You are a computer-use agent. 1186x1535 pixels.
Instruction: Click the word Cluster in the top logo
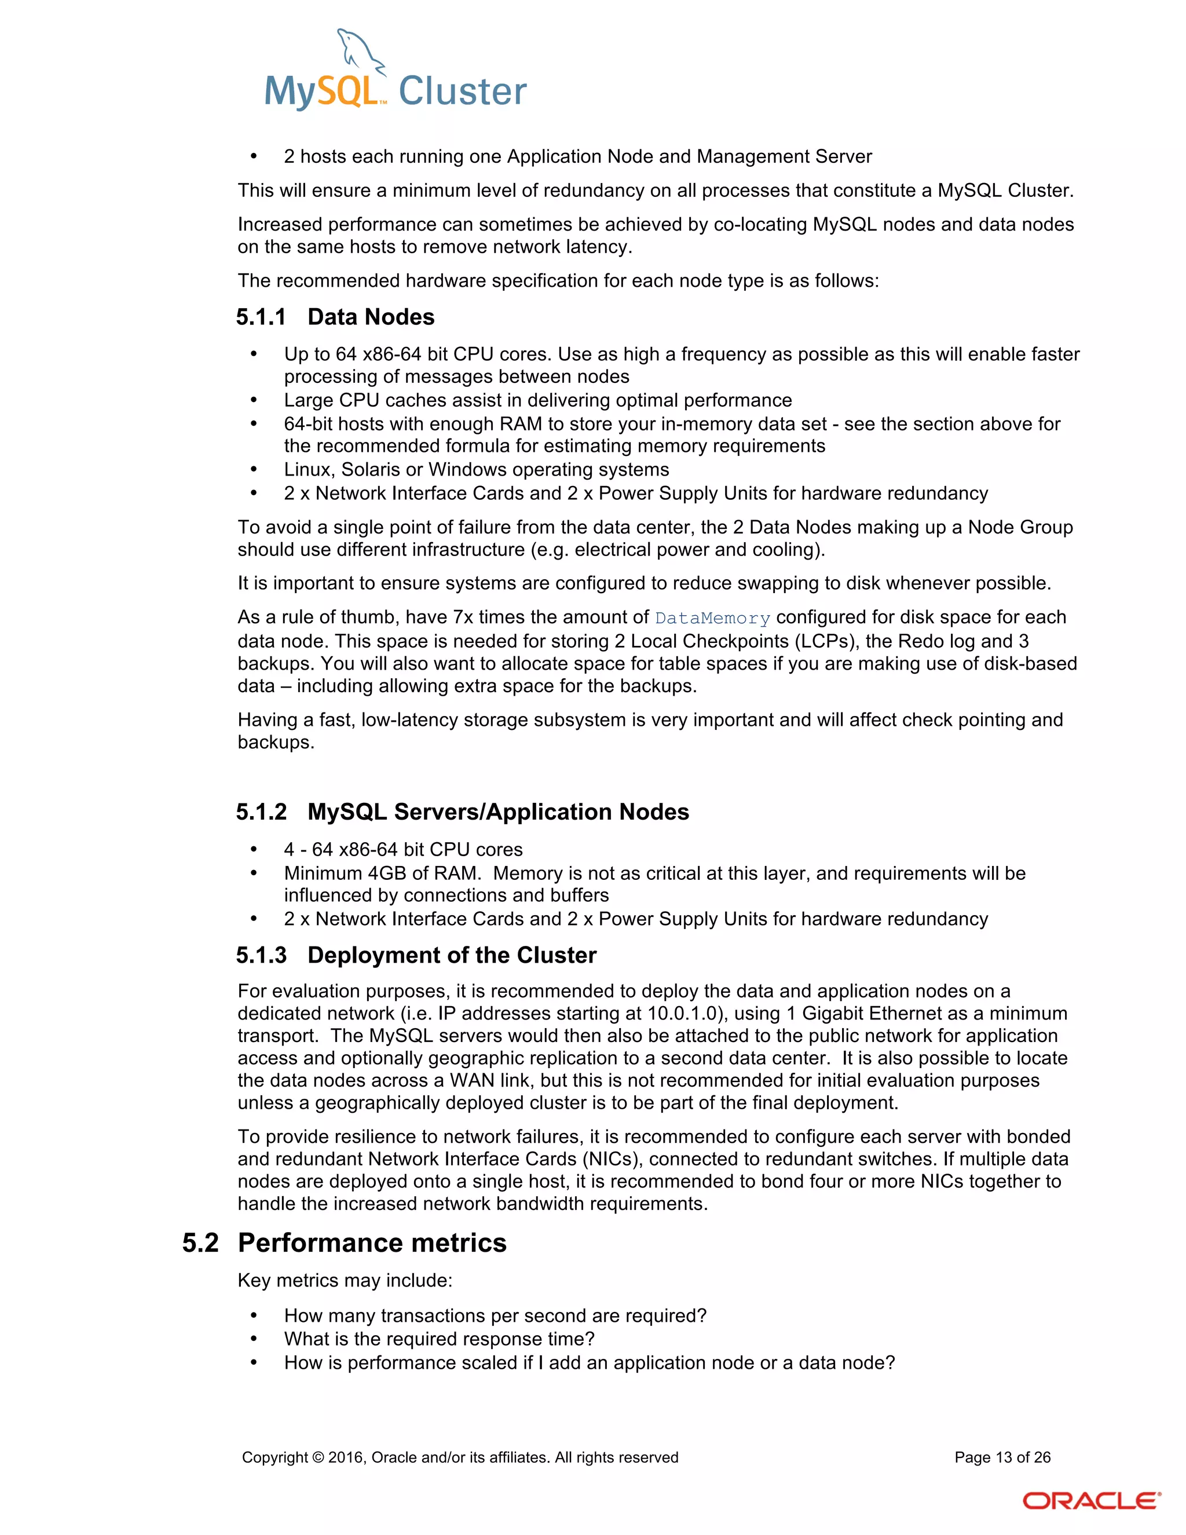pyautogui.click(x=462, y=92)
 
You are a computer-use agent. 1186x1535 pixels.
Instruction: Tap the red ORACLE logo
pyautogui.click(x=1090, y=1501)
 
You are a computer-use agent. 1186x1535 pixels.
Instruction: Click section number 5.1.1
pyautogui.click(x=261, y=317)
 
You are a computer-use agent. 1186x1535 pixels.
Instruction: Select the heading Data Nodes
pyautogui.click(x=371, y=317)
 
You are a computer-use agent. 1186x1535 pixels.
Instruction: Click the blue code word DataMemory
pyautogui.click(x=712, y=619)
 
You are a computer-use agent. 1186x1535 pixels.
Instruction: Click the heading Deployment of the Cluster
pyautogui.click(x=452, y=955)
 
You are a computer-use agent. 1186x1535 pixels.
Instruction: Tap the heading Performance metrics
pyautogui.click(x=372, y=1242)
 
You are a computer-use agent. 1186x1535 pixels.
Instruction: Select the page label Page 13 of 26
pyautogui.click(x=1002, y=1457)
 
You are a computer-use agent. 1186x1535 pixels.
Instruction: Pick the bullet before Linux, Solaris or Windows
pyautogui.click(x=254, y=470)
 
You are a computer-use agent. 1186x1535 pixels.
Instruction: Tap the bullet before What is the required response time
pyautogui.click(x=254, y=1339)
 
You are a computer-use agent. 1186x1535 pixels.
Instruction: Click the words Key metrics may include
pyautogui.click(x=345, y=1280)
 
